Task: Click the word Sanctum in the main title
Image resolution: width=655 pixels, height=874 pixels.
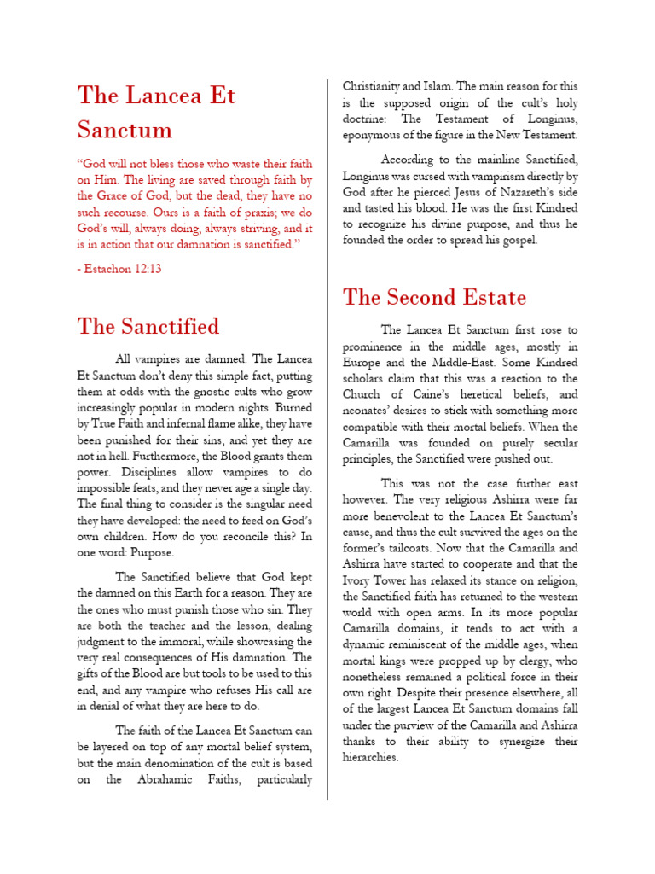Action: pos(125,130)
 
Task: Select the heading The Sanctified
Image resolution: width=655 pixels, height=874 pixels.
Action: pos(148,326)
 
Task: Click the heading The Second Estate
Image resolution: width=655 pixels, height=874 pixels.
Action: pos(435,297)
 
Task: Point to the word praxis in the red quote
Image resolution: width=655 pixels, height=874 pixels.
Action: pos(241,212)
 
